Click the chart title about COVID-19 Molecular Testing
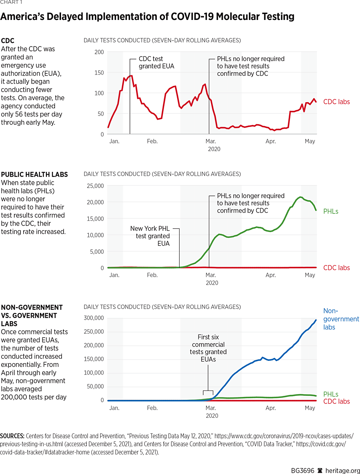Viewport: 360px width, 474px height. (147, 17)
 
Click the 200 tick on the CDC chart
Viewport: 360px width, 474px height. (99, 52)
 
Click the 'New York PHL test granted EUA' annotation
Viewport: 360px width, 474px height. (150, 236)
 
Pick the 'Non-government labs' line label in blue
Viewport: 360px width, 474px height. (341, 319)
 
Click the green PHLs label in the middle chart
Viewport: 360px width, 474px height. (331, 211)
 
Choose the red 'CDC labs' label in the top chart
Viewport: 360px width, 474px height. (336, 102)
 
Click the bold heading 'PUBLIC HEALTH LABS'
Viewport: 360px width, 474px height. (35, 174)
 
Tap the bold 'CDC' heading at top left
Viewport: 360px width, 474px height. (8, 41)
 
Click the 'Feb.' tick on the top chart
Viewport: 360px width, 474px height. (152, 141)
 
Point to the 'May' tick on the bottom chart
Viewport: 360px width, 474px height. (310, 408)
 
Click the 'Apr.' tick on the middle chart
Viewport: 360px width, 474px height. (270, 275)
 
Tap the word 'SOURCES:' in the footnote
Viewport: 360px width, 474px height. (11, 435)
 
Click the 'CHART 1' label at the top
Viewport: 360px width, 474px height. (11, 2)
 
